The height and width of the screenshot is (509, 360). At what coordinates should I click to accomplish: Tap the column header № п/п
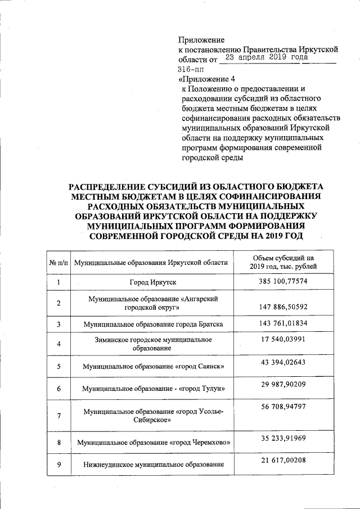coord(59,263)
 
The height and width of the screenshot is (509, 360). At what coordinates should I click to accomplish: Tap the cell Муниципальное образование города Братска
coord(154,325)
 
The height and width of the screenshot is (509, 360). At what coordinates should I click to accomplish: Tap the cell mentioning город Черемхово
coord(155,443)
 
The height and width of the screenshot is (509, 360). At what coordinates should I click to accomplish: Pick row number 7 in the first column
coord(58,415)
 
